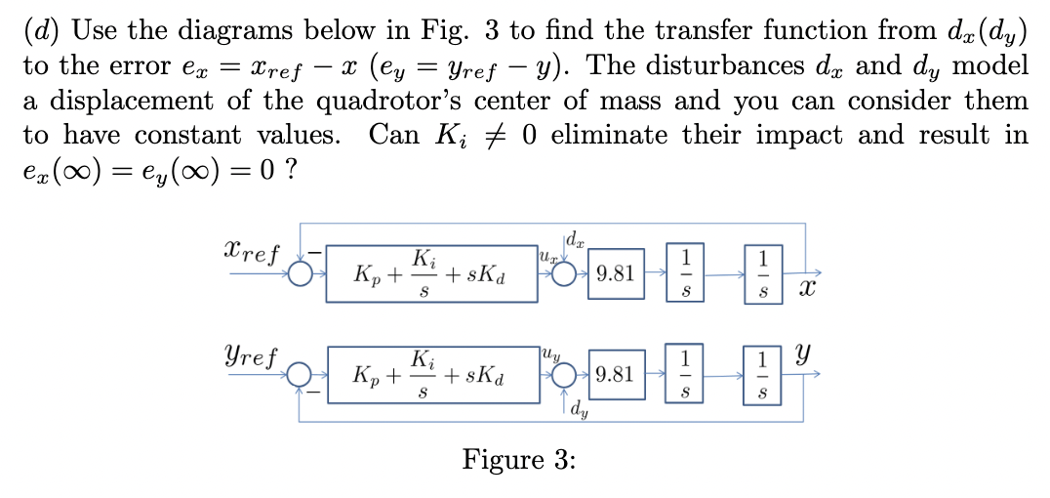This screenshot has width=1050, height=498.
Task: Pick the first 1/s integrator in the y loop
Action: coord(685,374)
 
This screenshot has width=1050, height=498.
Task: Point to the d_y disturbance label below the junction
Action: coord(582,410)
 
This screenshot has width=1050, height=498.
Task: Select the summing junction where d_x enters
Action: coord(564,273)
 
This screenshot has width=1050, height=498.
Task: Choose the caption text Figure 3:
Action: coord(518,459)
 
